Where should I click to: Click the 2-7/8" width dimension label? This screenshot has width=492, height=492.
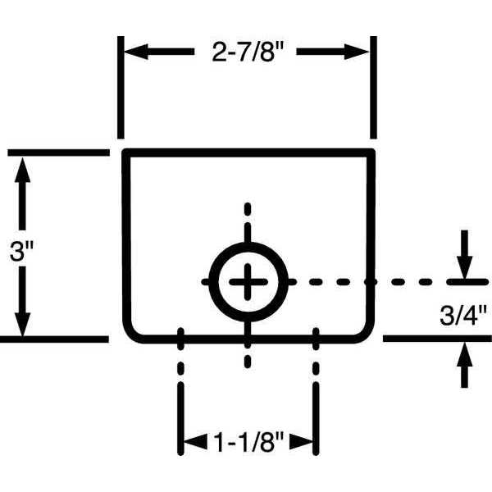click(x=248, y=51)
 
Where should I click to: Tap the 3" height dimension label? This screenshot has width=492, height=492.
click(x=21, y=252)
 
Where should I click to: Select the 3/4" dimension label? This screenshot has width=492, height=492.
click(x=463, y=316)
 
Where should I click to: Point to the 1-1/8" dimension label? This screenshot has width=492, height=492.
click(x=248, y=443)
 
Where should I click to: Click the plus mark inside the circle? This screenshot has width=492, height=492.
click(x=248, y=282)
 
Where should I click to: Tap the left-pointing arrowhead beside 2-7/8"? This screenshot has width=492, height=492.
click(x=136, y=52)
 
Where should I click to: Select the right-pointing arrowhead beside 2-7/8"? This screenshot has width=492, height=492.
click(x=357, y=52)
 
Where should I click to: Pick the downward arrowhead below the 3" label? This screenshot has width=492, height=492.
click(x=22, y=325)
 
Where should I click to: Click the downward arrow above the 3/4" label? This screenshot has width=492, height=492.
click(x=464, y=254)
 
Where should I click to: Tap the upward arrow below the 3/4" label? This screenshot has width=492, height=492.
click(x=464, y=365)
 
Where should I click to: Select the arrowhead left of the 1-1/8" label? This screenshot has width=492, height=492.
click(x=195, y=442)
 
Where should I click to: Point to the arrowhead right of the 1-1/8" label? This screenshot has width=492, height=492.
click(x=301, y=442)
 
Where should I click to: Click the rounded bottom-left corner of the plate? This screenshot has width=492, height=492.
click(x=131, y=333)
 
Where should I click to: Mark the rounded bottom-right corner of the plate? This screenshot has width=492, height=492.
click(x=367, y=333)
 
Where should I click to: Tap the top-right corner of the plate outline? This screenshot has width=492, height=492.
click(x=371, y=153)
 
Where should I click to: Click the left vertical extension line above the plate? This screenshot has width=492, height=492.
click(x=121, y=87)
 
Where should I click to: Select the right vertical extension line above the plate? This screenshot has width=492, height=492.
click(x=373, y=87)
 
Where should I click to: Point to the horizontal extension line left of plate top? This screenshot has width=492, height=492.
click(x=59, y=153)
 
